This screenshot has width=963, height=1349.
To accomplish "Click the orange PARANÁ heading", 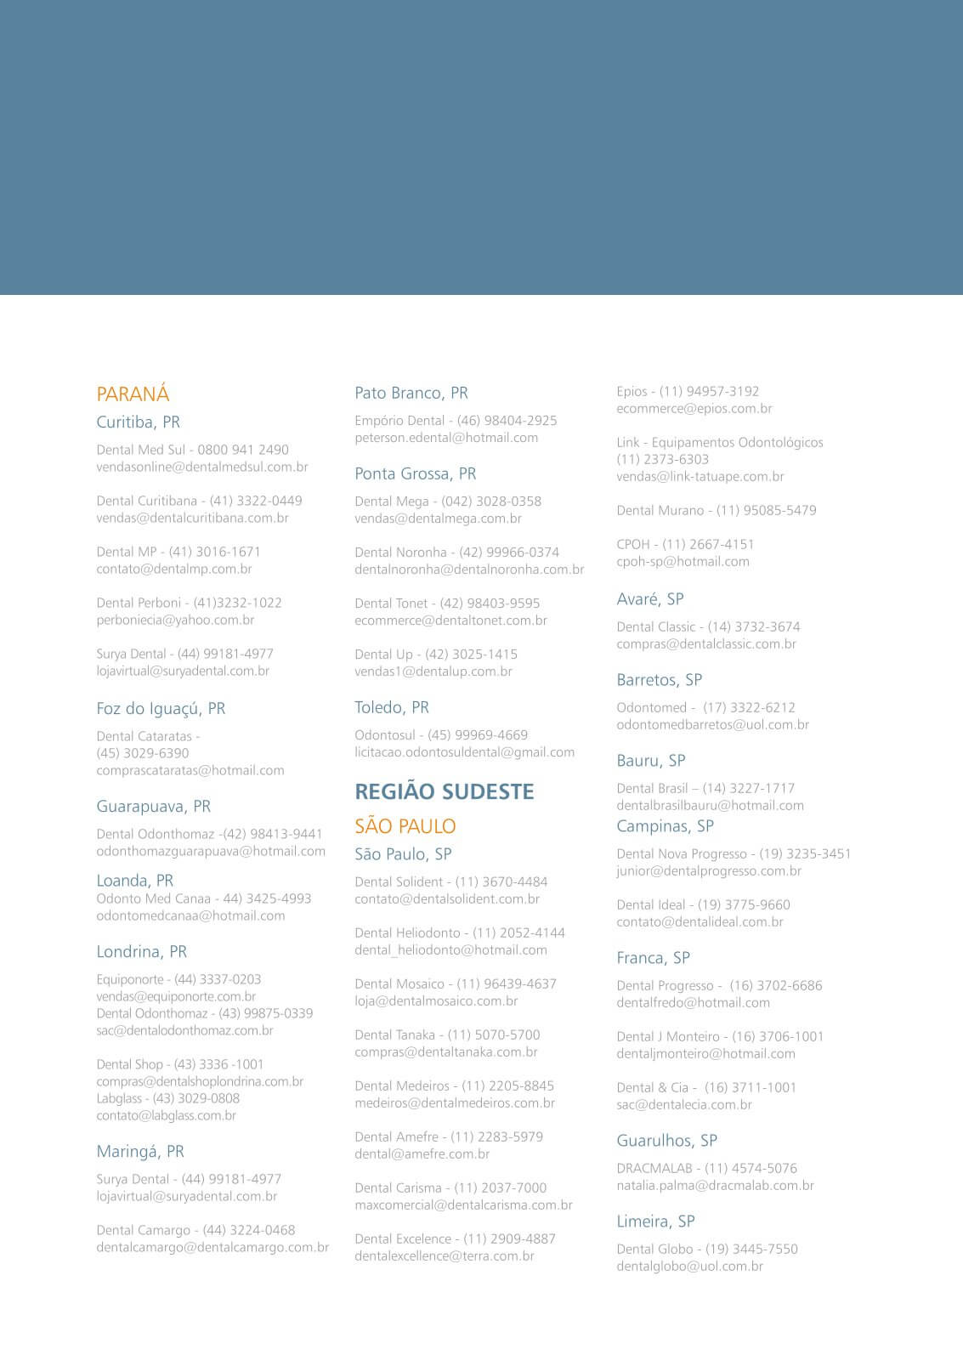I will coord(133,394).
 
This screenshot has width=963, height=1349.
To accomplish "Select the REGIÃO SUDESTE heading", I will coord(444,792).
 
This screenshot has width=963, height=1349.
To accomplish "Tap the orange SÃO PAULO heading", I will coord(405,826).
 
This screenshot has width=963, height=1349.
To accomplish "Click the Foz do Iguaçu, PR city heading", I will coord(161,709).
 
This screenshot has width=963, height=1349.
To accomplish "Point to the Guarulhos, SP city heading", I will coord(666,1141).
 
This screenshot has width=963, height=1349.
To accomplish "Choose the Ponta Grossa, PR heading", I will coord(415,474).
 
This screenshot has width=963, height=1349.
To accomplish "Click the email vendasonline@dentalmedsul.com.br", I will coord(201,468).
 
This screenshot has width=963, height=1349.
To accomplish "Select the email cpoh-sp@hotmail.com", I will coord(683,562).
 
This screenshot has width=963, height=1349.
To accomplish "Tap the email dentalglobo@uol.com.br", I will coord(689,1267).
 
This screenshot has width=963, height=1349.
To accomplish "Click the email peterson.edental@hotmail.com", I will coord(446,438).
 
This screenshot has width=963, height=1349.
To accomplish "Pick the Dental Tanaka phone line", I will coord(447,1035).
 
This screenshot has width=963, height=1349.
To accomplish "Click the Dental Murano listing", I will coord(716,511).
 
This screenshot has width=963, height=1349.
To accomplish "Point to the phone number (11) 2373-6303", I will coord(662,460).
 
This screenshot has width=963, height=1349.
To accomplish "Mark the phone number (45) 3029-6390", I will coord(143,754).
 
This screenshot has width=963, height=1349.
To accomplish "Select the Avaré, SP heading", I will coord(649,599).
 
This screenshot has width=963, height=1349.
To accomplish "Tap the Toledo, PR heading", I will coord(391,708).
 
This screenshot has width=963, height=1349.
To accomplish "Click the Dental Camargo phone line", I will coord(195,1231).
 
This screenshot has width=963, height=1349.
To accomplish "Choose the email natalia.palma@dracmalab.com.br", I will coord(715,1186).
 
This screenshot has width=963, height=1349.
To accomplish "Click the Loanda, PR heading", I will coord(134,881).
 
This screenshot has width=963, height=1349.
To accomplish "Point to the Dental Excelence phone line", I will coord(455,1239).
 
